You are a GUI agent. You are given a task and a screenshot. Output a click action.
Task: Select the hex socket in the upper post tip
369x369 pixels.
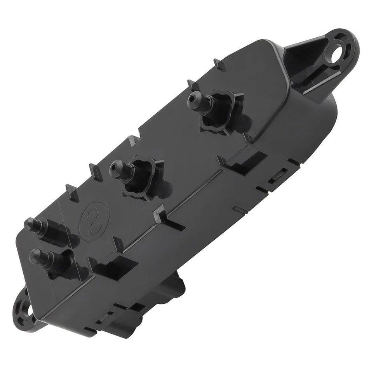point(191,102)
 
